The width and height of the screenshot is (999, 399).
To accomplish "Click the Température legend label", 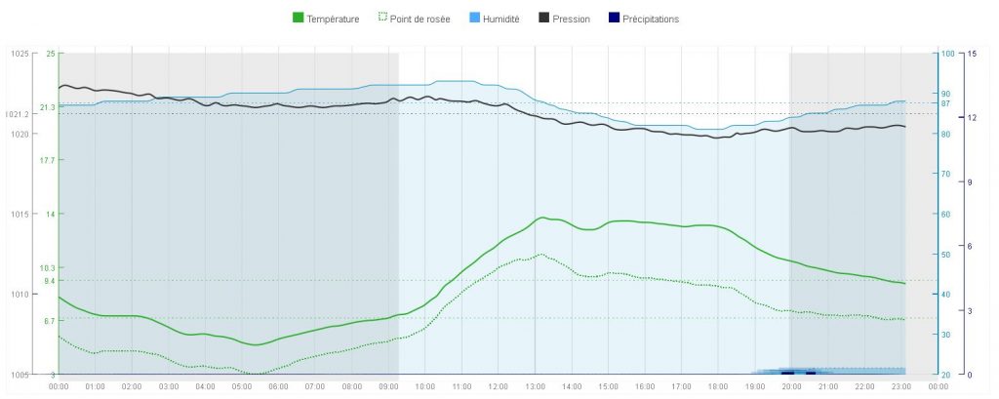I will [333, 19].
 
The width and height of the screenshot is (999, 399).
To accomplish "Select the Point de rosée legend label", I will [418, 19].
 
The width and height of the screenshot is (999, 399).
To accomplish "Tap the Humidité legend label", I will [499, 19].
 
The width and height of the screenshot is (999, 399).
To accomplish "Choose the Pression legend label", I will [571, 19].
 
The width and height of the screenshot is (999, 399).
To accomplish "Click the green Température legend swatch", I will [299, 19].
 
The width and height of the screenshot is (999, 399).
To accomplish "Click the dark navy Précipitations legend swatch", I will [614, 19].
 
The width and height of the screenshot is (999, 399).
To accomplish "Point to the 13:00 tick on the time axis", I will [535, 386].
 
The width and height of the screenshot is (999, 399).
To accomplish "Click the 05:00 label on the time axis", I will [242, 386].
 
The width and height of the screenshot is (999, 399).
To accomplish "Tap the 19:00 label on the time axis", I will [754, 386].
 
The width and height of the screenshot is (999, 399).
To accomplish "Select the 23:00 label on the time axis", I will [900, 386].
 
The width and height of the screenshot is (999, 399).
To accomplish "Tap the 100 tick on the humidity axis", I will [946, 54].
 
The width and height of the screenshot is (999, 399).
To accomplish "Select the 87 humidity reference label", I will [945, 103].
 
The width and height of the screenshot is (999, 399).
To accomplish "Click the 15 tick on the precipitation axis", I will [971, 54].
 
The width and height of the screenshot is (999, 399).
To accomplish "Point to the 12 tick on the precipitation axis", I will [971, 118].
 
